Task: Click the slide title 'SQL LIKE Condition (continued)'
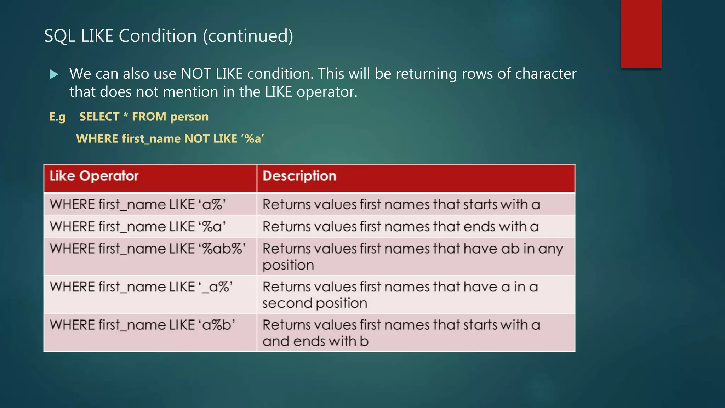[x=169, y=36]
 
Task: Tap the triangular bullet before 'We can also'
[x=54, y=74]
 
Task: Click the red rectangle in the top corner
[x=641, y=34]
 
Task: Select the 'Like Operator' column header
[x=94, y=176]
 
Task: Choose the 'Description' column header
[x=299, y=176]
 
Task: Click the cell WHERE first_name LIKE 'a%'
[x=138, y=205]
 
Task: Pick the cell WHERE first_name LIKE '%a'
[x=138, y=227]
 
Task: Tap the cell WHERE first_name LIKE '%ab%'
[x=148, y=249]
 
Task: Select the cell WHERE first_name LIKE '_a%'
[x=141, y=287]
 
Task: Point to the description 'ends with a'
[x=400, y=227]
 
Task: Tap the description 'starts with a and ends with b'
[x=401, y=333]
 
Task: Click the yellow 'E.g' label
[x=57, y=117]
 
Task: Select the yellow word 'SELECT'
[x=99, y=117]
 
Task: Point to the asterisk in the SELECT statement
[x=126, y=115]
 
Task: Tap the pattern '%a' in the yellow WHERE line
[x=253, y=138]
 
